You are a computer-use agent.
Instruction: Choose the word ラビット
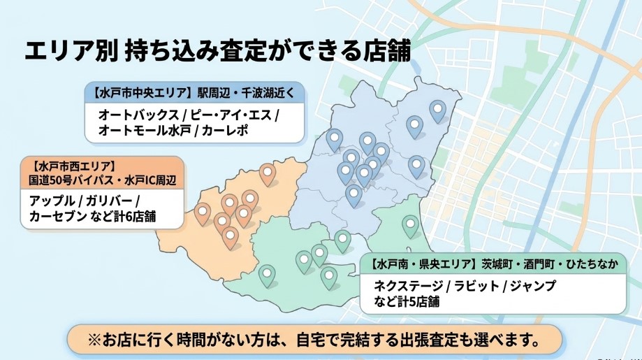476,286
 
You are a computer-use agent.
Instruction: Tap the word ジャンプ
532,286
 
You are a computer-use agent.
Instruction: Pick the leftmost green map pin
267,274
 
